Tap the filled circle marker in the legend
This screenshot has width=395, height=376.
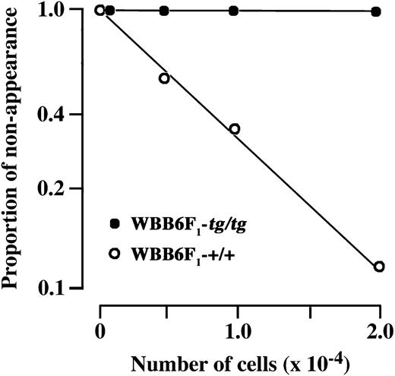click(x=115, y=223)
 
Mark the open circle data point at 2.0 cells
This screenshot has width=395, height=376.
click(x=378, y=266)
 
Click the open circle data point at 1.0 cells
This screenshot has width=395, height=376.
click(x=235, y=129)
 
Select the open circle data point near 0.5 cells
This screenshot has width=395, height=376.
click(x=164, y=78)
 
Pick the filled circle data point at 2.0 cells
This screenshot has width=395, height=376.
click(x=378, y=11)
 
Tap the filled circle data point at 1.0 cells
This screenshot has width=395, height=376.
click(x=234, y=11)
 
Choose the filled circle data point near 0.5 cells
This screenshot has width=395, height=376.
click(x=165, y=11)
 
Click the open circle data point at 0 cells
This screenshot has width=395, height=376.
click(x=100, y=10)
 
